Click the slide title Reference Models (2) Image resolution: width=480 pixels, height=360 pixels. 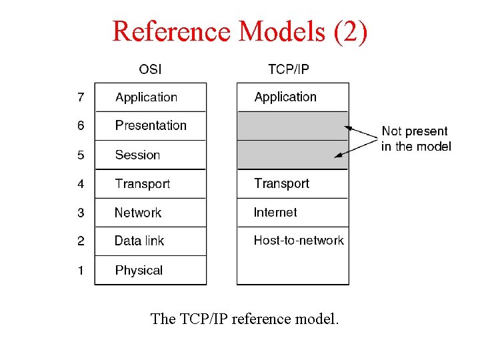(x=239, y=31)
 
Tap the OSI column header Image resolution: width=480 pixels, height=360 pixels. (x=150, y=69)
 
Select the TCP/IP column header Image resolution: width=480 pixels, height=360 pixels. (x=288, y=69)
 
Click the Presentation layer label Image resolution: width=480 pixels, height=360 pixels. (x=151, y=125)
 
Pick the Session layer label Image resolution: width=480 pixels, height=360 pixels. (x=137, y=155)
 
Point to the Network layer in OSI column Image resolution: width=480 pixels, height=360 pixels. (x=138, y=213)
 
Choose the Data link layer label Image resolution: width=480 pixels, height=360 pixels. (x=139, y=241)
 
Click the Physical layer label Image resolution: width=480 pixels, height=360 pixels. (x=139, y=270)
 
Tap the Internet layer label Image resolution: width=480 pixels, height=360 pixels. (x=275, y=212)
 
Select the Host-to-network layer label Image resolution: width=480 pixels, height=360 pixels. (x=299, y=240)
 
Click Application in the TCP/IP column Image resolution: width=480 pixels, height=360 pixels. (x=285, y=97)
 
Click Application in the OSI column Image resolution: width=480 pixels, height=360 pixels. (x=146, y=97)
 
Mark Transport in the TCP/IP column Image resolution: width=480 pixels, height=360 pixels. (x=281, y=183)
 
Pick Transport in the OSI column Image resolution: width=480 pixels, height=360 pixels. (x=142, y=183)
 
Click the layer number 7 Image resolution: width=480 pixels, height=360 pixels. (x=81, y=97)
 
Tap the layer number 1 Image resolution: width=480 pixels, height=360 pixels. (x=81, y=270)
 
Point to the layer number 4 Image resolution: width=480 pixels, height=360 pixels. (x=81, y=183)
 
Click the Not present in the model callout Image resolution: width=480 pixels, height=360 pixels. (x=415, y=139)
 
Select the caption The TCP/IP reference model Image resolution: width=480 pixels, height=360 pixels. (x=245, y=319)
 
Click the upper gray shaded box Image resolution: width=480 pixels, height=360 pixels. (x=293, y=125)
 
